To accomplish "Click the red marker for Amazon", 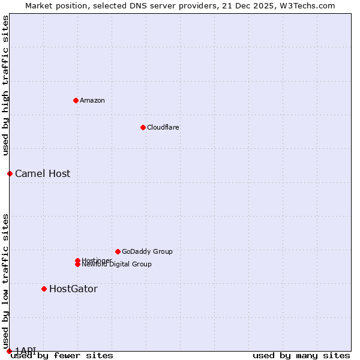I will point(76,100).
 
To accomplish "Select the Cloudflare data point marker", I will point(143,127).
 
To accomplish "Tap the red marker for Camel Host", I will point(10,173).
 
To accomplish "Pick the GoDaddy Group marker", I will point(118,251).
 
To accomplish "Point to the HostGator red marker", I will point(44,289).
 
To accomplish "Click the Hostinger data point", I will point(77,260).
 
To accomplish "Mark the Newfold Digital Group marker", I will point(77,265).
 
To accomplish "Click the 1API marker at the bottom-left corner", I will point(9,351).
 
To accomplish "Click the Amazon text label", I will point(92,100).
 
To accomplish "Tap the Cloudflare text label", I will point(163,127).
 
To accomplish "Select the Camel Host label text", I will point(43,173).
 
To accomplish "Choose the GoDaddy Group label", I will point(147,251).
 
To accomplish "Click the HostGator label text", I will point(73,289).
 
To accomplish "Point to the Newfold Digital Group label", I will point(117,265).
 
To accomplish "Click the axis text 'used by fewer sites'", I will point(62,355).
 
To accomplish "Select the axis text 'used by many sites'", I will point(301,355).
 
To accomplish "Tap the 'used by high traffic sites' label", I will point(5,85).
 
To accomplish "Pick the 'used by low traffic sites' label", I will point(5,280).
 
